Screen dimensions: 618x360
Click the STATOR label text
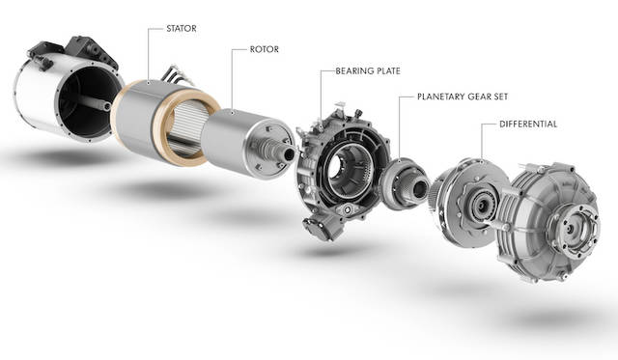(x=182, y=29)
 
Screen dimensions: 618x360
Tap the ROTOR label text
(x=264, y=49)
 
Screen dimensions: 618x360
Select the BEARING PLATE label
(x=368, y=71)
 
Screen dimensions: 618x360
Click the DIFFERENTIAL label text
(x=528, y=125)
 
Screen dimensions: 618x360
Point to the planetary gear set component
(x=404, y=183)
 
